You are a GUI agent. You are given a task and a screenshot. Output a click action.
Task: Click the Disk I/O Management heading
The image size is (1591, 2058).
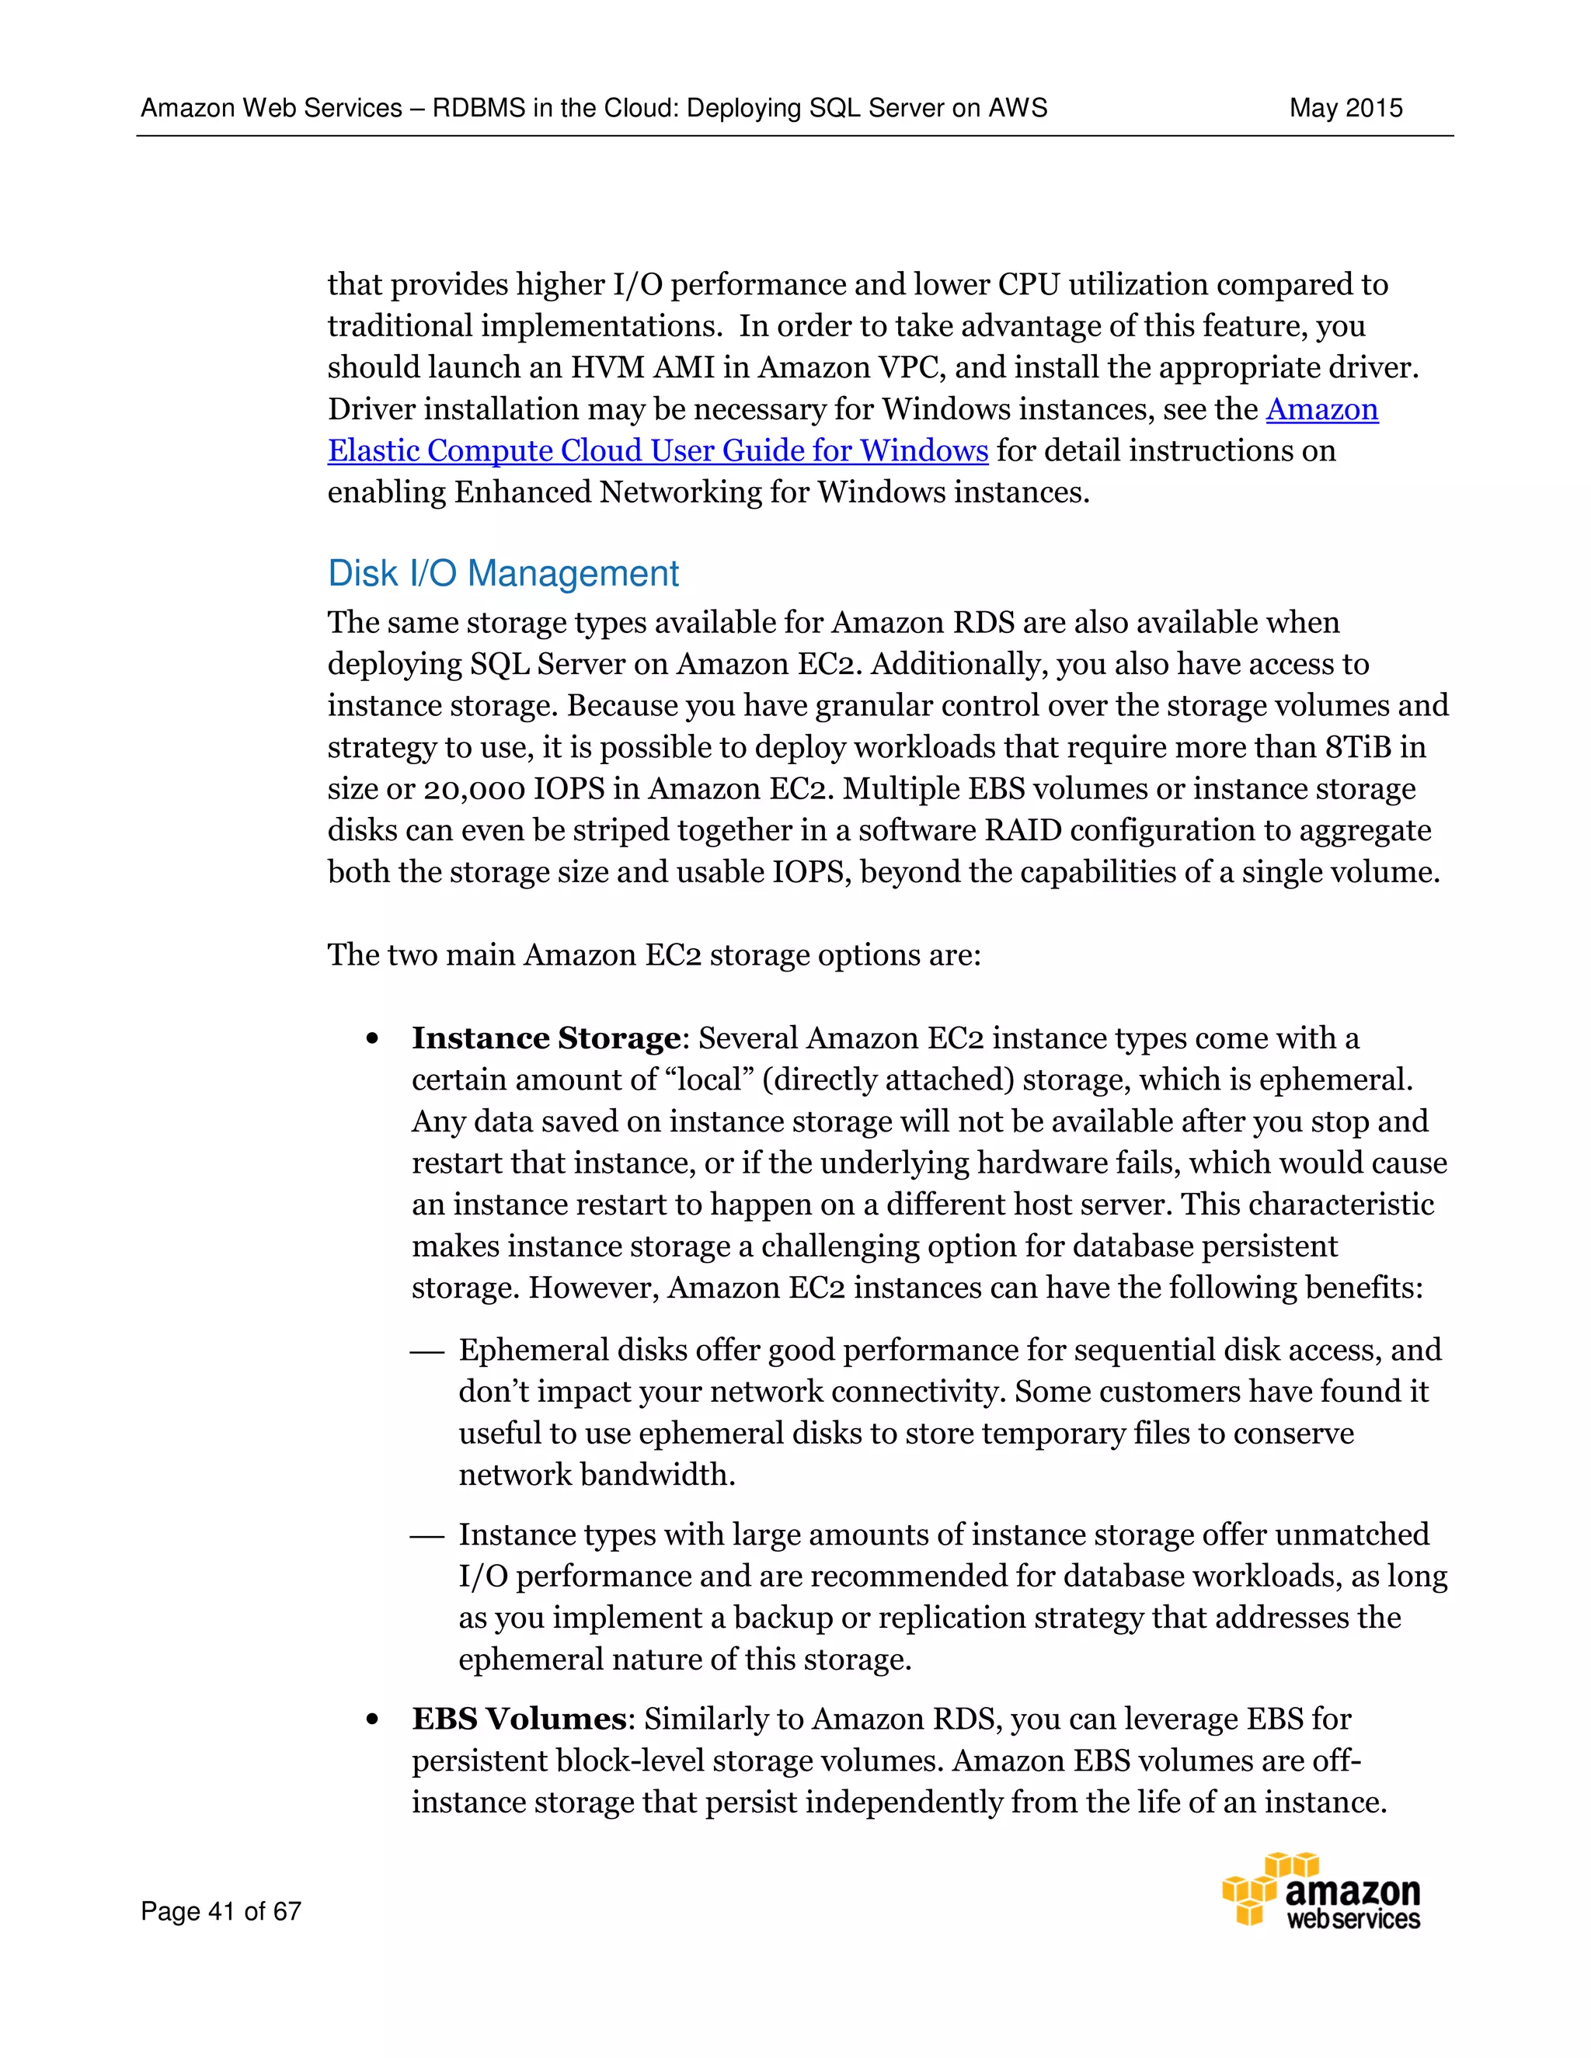click(x=503, y=574)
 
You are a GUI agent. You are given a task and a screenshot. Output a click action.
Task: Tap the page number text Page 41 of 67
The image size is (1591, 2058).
click(x=221, y=1911)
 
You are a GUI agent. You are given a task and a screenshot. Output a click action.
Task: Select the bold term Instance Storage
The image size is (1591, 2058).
click(x=545, y=1038)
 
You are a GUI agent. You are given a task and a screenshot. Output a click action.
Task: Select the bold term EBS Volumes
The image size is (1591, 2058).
click(x=518, y=1719)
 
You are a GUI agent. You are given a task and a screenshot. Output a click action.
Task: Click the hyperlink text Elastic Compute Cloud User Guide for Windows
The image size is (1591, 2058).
click(x=657, y=450)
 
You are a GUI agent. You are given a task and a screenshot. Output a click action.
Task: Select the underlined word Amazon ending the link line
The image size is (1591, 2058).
click(x=1321, y=409)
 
